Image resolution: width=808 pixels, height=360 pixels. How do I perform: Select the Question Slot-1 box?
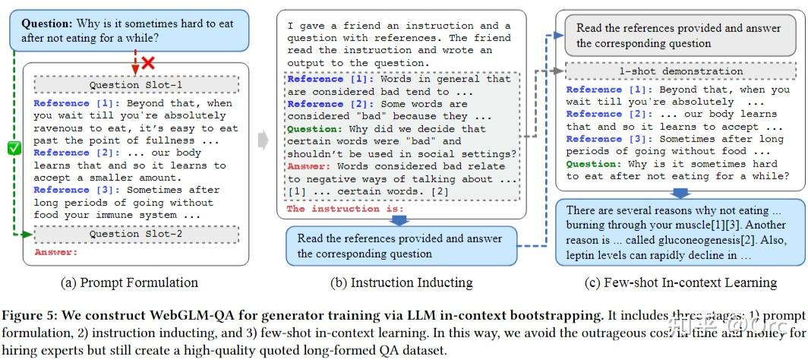137,85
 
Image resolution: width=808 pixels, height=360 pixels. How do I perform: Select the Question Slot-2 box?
137,234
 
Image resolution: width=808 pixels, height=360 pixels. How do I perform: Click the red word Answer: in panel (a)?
56,252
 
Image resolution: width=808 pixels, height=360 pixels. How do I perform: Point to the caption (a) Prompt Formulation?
129,283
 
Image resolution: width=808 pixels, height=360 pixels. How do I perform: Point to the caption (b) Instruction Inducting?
401,283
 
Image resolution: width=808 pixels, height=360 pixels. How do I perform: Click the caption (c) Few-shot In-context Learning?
680,283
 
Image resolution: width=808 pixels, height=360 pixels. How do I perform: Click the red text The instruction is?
345,209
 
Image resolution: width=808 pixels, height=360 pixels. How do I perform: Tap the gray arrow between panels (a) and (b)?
263,140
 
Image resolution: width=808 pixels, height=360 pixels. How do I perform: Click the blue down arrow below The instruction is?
398,220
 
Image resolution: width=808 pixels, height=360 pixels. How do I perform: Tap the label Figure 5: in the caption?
28,314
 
